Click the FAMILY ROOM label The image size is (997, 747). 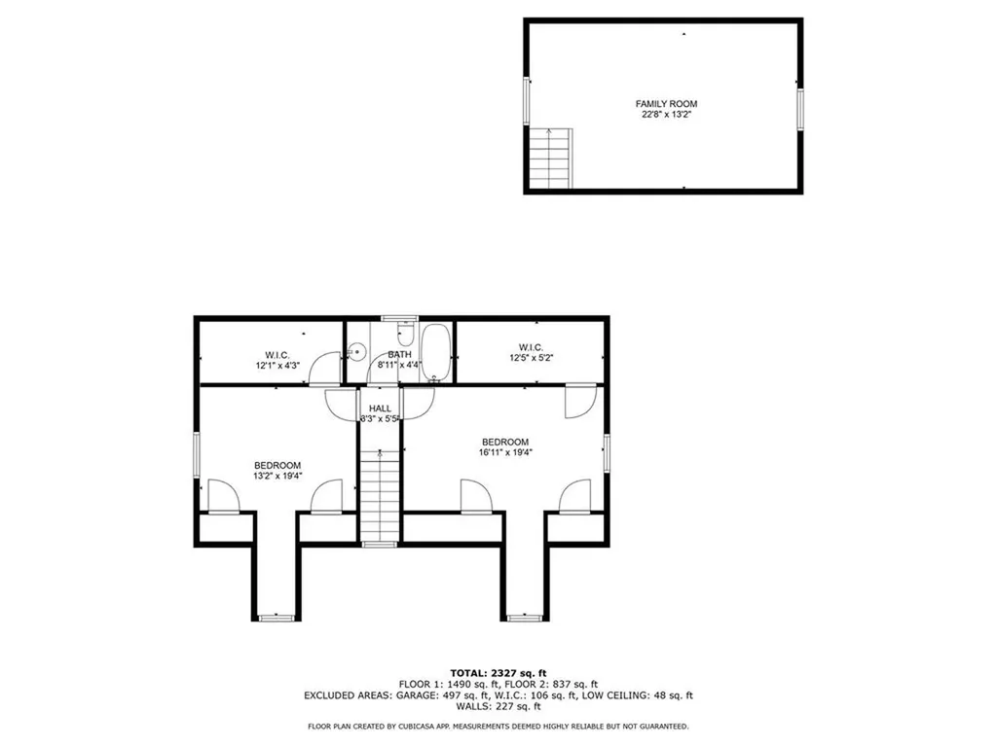(666, 104)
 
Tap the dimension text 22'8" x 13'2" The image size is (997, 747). (666, 115)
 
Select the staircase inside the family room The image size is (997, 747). (550, 159)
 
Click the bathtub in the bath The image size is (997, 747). (437, 351)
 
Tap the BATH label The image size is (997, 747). (399, 355)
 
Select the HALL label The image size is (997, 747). (380, 409)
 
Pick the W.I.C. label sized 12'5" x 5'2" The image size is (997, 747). (531, 347)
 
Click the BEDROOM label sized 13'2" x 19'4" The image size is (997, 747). (277, 465)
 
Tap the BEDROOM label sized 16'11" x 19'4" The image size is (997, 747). (505, 442)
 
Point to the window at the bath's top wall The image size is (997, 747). (398, 318)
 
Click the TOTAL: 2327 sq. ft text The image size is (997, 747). (498, 673)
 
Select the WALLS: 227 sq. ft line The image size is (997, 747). (498, 707)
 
